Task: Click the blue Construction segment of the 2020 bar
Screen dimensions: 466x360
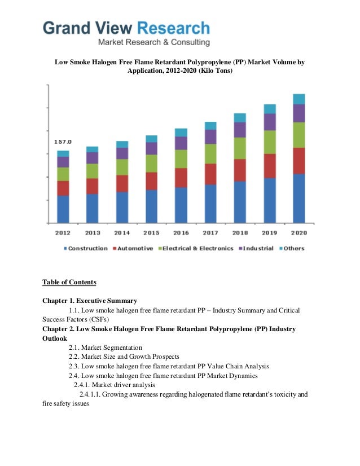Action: pyautogui.click(x=299, y=198)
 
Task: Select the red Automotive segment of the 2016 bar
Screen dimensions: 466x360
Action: pyautogui.click(x=181, y=178)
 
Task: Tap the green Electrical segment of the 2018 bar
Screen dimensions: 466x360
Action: pyautogui.click(x=240, y=148)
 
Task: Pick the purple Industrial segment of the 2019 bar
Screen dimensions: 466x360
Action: pyautogui.click(x=270, y=122)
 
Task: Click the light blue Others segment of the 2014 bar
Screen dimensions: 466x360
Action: pyautogui.click(x=122, y=144)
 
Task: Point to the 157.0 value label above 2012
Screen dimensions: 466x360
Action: pyautogui.click(x=63, y=142)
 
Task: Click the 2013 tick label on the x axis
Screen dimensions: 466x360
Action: pyautogui.click(x=93, y=232)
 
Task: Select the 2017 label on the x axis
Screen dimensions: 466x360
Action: pyautogui.click(x=210, y=232)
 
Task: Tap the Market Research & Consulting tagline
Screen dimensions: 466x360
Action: pyautogui.click(x=153, y=42)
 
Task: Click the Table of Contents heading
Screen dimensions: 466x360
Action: pyautogui.click(x=69, y=282)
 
